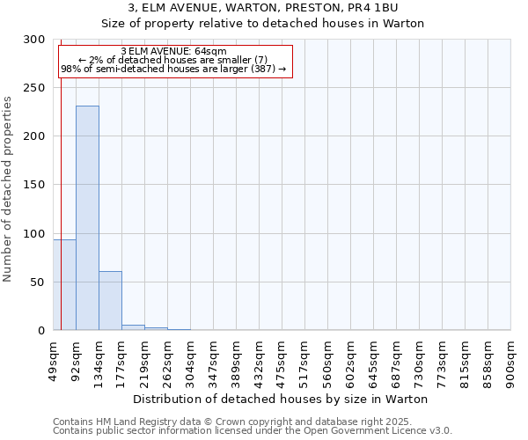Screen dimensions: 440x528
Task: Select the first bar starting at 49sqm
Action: click(64, 285)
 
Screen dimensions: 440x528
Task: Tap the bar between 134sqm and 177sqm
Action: click(110, 301)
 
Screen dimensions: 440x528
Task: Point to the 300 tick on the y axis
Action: click(35, 40)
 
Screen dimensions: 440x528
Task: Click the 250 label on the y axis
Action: click(35, 88)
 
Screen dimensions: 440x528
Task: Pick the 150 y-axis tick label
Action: click(35, 185)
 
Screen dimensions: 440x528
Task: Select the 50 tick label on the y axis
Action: click(39, 282)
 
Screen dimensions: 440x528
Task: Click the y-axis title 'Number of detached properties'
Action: click(8, 189)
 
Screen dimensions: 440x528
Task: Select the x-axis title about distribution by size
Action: click(281, 399)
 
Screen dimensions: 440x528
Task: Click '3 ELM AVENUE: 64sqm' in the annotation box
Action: click(173, 52)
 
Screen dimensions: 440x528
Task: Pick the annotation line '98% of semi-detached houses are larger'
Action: click(173, 69)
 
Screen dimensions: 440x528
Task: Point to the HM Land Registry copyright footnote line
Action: click(252, 422)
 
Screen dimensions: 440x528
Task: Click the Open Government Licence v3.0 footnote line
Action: click(252, 430)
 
